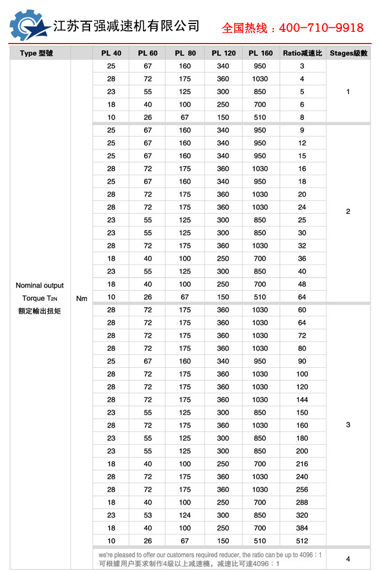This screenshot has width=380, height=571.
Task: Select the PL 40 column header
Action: (x=111, y=54)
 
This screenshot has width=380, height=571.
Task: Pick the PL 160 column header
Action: (x=260, y=54)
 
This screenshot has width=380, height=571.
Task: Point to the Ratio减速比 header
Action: (x=302, y=54)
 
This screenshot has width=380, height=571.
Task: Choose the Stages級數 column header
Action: (x=348, y=54)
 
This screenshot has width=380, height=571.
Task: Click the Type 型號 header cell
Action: (x=36, y=54)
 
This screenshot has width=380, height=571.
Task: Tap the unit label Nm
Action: (x=82, y=299)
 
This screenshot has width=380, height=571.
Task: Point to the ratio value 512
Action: (x=302, y=541)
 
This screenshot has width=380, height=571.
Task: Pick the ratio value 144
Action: (x=302, y=400)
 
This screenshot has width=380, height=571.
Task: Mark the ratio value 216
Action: (x=302, y=464)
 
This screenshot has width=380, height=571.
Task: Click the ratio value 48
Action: (x=302, y=284)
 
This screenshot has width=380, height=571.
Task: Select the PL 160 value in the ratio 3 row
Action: (x=260, y=66)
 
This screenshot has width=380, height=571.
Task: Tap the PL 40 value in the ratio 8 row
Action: (x=111, y=117)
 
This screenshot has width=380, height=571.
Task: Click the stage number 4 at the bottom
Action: (x=348, y=559)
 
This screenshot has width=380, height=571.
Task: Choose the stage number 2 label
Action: (x=348, y=212)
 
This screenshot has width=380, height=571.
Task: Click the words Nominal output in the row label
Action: (x=40, y=285)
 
